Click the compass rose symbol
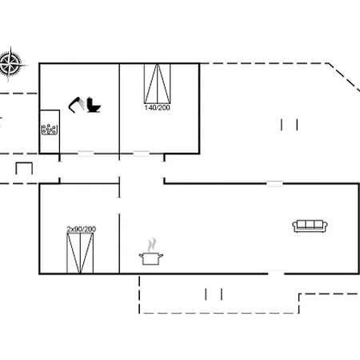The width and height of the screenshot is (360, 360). click(10, 64)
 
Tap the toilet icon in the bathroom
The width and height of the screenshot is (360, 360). click(94, 105)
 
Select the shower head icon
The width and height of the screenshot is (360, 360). click(76, 105)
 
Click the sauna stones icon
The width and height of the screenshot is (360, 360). click(49, 130)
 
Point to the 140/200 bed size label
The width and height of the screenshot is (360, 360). click(158, 108)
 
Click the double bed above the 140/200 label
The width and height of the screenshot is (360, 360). click(158, 83)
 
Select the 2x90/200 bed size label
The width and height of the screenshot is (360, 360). click(82, 229)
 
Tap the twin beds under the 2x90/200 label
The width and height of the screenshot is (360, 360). click(80, 254)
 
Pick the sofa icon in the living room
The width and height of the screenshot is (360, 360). click(310, 226)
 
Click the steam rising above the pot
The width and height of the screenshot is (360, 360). click(151, 245)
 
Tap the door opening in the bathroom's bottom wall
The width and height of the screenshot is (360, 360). click(86, 154)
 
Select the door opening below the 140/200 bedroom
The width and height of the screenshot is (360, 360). click(141, 154)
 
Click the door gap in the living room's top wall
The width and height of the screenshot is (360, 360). click(275, 183)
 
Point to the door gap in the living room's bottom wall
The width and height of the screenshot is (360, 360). click(276, 274)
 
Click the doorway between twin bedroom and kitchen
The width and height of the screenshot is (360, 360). click(119, 206)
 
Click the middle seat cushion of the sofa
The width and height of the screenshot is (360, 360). click(310, 225)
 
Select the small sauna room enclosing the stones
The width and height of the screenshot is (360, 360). click(50, 132)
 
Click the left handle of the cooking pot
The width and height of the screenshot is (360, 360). click(141, 256)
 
